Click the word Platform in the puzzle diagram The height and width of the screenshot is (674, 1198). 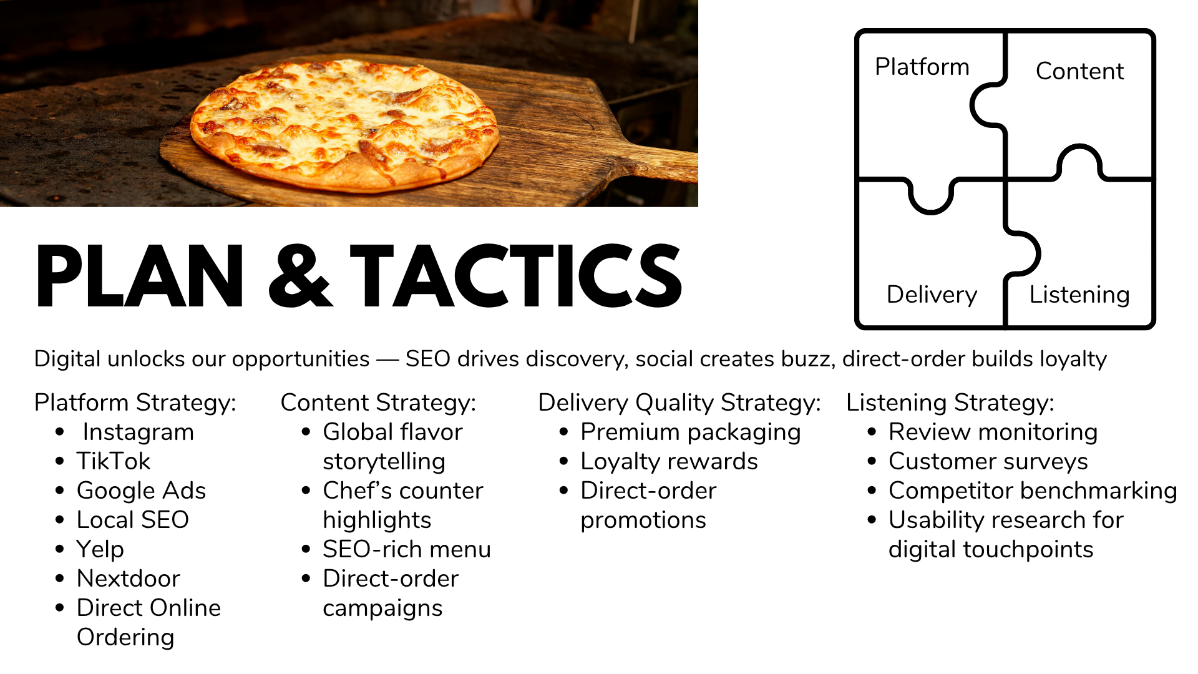922,67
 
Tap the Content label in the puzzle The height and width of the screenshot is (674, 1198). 1079,71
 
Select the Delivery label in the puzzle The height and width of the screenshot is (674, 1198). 932,295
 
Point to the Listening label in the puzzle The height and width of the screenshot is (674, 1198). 1079,295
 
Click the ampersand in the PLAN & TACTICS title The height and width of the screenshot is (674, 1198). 300,276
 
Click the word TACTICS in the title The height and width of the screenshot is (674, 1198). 516,276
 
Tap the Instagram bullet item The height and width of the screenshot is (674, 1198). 138,432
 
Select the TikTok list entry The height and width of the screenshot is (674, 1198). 114,461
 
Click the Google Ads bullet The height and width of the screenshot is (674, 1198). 141,491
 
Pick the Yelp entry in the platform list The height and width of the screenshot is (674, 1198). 100,549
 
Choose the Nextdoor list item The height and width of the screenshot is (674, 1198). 128,579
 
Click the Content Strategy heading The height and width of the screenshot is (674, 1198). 378,403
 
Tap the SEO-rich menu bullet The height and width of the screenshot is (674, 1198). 406,549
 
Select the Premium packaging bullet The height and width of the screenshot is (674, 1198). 690,432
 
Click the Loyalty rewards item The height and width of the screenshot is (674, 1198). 669,461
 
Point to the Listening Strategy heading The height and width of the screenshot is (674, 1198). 950,403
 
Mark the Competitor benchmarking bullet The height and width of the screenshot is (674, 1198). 1033,491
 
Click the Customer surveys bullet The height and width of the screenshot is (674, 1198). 988,461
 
